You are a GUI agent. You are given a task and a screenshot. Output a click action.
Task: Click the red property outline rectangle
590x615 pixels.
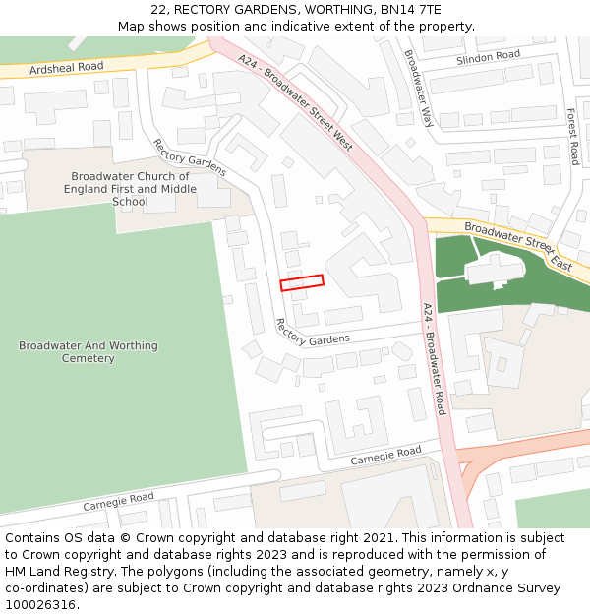point(302,282)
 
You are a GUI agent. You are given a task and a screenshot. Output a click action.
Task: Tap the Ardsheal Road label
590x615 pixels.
point(66,68)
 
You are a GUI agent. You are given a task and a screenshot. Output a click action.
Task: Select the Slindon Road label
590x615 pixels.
point(488,57)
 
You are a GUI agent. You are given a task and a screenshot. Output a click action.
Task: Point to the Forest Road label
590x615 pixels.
point(572,137)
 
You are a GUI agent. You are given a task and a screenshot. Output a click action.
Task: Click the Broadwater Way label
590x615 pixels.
point(418,89)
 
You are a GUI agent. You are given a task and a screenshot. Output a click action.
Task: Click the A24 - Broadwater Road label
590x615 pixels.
point(434,358)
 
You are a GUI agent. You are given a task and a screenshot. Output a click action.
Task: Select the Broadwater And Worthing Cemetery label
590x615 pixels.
point(88,352)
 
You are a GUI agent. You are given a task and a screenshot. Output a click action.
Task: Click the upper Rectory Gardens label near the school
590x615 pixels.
point(190,157)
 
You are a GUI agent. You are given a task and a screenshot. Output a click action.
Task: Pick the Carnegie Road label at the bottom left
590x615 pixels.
point(118,502)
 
